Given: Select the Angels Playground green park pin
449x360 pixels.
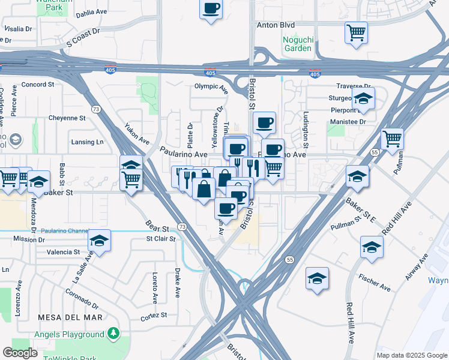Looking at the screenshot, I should point(113,334).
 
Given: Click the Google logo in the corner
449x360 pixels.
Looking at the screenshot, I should point(20,353).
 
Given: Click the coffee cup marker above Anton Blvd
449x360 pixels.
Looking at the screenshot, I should point(211,9).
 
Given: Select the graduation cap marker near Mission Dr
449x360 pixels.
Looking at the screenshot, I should point(99,241).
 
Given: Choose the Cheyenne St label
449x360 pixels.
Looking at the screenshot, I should point(67,118).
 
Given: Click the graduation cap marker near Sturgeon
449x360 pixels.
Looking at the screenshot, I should point(363,98).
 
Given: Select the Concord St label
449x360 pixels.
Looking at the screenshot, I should point(38,85).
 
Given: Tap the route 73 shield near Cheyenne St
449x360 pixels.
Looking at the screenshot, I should point(96,109).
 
